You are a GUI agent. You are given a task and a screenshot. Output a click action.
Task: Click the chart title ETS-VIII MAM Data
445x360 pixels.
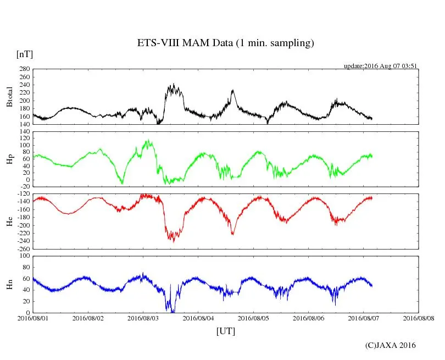pyautogui.click(x=225, y=43)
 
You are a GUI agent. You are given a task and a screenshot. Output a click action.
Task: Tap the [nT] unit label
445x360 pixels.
pyautogui.click(x=24, y=54)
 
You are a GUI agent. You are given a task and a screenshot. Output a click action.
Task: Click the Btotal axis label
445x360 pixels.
pyautogui.click(x=9, y=97)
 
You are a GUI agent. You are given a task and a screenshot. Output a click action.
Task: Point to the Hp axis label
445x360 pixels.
pyautogui.click(x=9, y=159)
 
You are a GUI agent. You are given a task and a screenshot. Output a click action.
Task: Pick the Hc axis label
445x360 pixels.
pyautogui.click(x=9, y=221)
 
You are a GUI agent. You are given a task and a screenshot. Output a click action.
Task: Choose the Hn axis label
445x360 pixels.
pyautogui.click(x=9, y=284)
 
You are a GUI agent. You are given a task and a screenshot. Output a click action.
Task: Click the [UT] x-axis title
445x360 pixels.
pyautogui.click(x=226, y=331)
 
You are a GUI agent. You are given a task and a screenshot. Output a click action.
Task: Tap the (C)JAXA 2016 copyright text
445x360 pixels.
pyautogui.click(x=391, y=345)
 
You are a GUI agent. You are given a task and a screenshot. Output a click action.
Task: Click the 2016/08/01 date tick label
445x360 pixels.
pyautogui.click(x=33, y=318)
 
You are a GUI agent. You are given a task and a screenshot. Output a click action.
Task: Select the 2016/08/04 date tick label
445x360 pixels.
pyautogui.click(x=198, y=318)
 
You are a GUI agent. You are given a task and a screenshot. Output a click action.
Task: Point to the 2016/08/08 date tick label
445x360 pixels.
pyautogui.click(x=419, y=318)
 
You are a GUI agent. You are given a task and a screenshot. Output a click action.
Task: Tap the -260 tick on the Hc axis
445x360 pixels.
pyautogui.click(x=23, y=248)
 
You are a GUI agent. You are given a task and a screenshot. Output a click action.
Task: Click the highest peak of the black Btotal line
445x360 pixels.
pyautogui.click(x=174, y=84)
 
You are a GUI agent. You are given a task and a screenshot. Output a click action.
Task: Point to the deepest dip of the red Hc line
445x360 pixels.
pyautogui.click(x=174, y=241)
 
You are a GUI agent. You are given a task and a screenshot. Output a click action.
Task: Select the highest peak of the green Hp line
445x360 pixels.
pyautogui.click(x=147, y=140)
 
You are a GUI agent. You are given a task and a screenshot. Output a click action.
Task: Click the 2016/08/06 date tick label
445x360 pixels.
pyautogui.click(x=309, y=318)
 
